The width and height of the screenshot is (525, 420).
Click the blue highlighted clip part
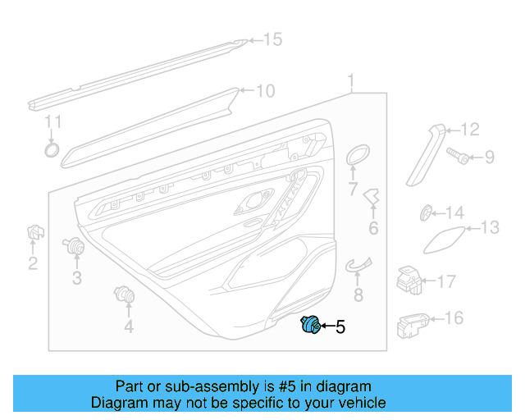308,326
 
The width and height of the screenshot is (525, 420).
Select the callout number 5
340,327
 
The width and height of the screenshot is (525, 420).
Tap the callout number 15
272,39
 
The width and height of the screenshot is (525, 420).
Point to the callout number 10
265,91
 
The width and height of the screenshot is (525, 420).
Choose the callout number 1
351,81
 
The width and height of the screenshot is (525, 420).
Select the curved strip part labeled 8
357,264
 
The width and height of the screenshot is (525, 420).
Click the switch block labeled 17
409,280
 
